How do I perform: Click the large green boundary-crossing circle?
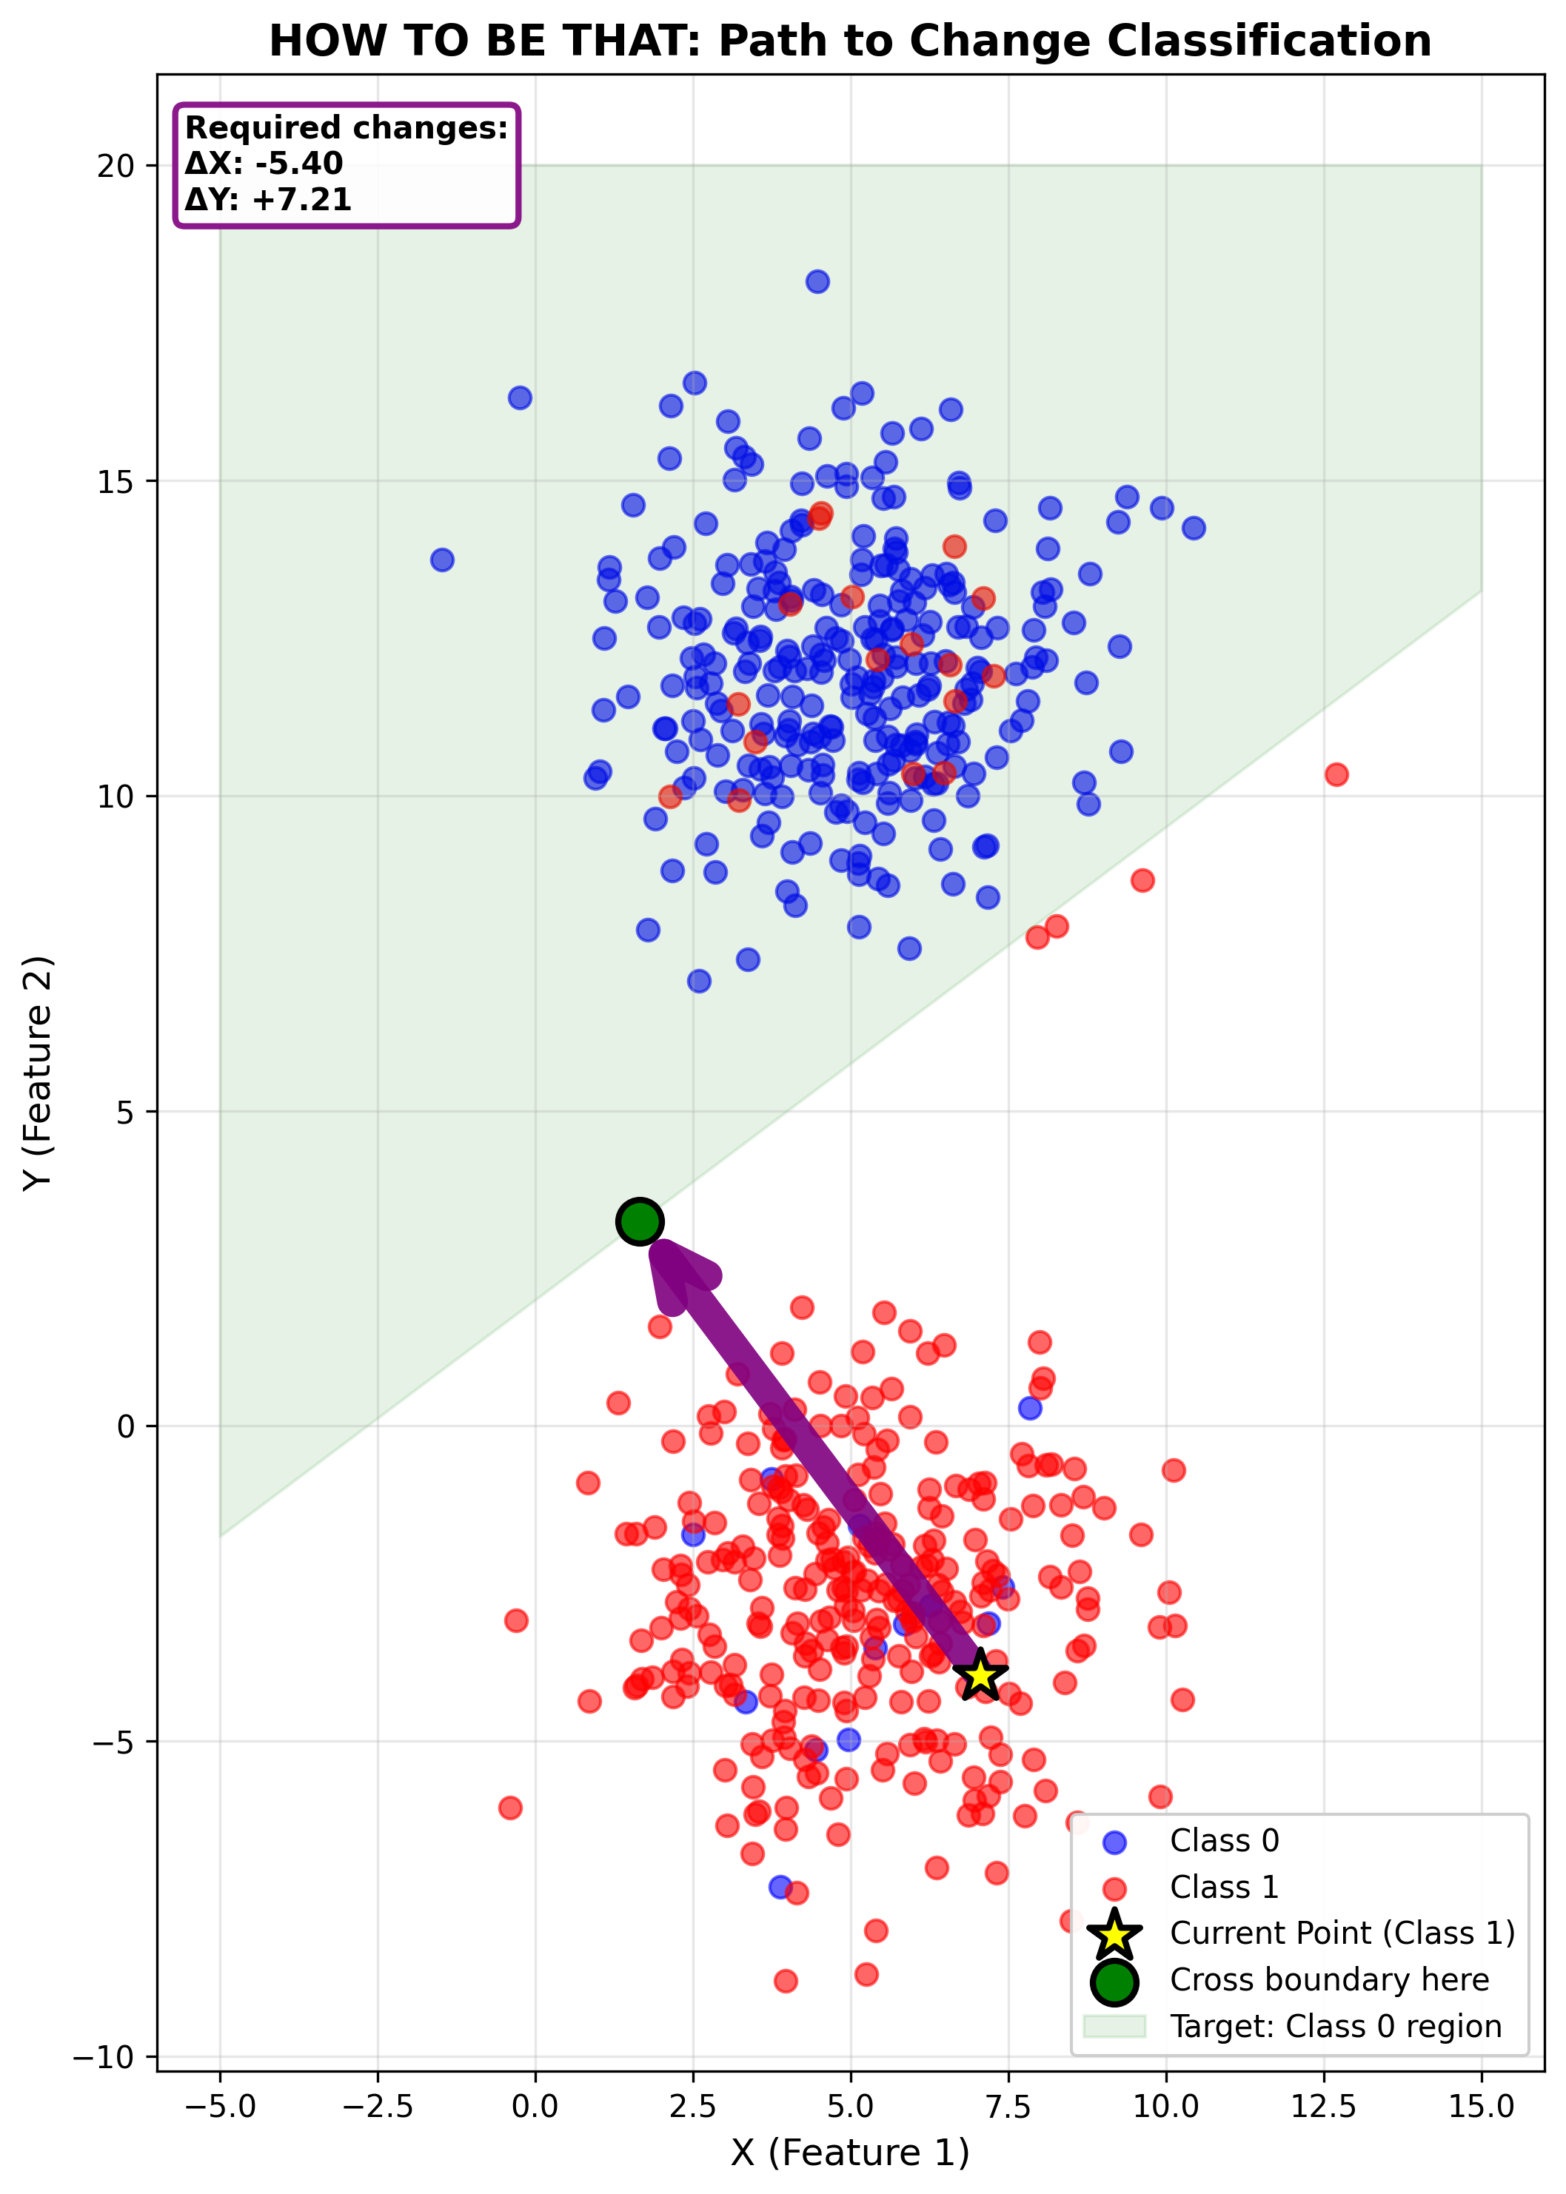point(639,1222)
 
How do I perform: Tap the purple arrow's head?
point(680,1272)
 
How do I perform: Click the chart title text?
point(849,41)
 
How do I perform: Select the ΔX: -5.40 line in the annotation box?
point(264,164)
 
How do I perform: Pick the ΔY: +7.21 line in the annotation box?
point(268,200)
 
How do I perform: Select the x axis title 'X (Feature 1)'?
point(849,2153)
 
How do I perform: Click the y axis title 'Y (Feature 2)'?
point(39,1073)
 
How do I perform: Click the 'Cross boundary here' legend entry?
point(1329,1980)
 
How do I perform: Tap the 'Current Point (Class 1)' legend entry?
point(1342,1933)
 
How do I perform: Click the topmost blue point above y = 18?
point(817,281)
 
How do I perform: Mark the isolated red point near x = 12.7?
point(1336,774)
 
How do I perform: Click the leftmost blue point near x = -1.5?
point(441,560)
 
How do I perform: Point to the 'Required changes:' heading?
point(347,128)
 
